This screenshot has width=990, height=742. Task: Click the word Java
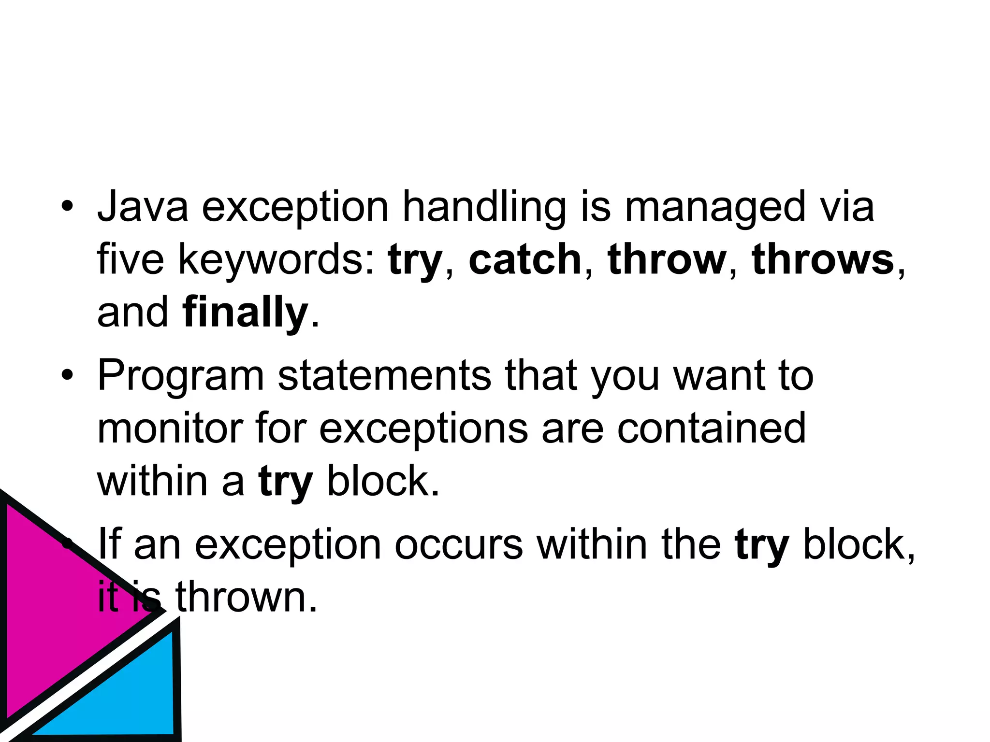click(x=143, y=207)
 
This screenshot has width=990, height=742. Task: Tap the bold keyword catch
click(x=525, y=260)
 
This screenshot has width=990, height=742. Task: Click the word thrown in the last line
click(x=247, y=598)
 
